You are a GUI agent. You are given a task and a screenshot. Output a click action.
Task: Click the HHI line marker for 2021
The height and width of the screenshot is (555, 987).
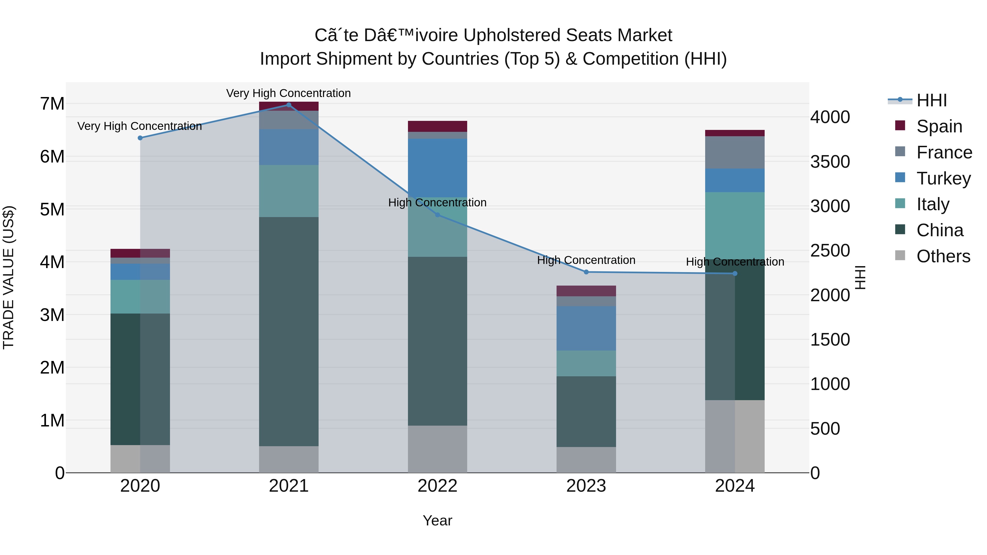point(288,105)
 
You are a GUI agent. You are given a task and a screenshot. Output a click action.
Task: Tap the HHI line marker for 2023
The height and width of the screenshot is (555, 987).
point(586,272)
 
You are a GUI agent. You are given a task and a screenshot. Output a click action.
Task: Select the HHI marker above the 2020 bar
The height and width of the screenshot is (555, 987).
point(140,138)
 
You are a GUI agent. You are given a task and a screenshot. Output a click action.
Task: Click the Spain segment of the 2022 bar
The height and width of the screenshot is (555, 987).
point(437,126)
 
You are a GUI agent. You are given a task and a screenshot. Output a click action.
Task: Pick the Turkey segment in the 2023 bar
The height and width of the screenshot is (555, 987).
point(586,328)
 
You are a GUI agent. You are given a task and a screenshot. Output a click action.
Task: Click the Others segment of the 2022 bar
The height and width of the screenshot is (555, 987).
point(437,449)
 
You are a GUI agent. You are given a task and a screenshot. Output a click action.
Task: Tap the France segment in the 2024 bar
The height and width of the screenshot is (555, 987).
point(734,152)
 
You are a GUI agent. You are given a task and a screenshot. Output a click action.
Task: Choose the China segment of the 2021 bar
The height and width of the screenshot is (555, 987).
point(288,331)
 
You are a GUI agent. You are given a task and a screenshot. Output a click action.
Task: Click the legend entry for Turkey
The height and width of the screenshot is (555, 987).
point(943,178)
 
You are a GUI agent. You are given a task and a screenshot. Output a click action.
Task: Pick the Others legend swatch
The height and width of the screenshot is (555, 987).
point(900,255)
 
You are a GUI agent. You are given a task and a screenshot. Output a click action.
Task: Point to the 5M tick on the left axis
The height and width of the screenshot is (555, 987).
point(52,209)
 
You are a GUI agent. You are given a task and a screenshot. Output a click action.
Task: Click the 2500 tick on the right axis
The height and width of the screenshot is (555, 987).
point(830,251)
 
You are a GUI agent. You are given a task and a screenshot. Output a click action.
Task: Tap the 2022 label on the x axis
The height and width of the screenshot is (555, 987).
point(437,486)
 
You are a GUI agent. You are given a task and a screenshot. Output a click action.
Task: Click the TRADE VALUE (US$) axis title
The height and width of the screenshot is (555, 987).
point(8,277)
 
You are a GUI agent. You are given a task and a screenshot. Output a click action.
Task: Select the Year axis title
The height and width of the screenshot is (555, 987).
point(437,520)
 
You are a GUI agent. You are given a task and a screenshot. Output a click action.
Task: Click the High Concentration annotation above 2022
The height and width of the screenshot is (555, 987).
point(437,203)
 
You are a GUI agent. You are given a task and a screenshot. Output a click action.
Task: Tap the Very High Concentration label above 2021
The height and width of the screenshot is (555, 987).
point(288,93)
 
